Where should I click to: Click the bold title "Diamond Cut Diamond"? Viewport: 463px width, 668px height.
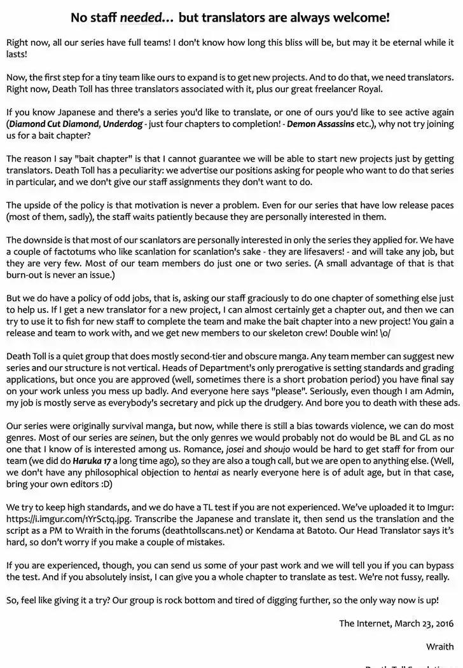pyautogui.click(x=53, y=124)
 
